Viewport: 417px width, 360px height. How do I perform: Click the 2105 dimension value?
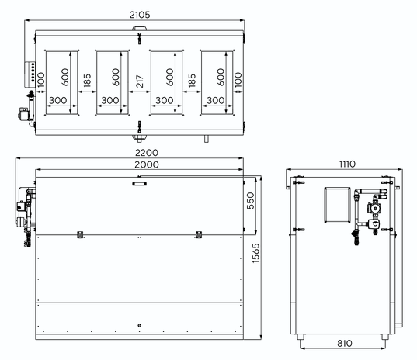tap(140, 15)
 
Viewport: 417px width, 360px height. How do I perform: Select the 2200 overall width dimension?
tap(147, 153)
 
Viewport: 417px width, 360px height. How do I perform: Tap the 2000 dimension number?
tap(147, 164)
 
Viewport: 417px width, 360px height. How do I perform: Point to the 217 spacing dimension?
tap(140, 81)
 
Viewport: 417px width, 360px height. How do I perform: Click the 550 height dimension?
tap(251, 201)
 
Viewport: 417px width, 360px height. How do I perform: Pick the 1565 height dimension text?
tap(255, 253)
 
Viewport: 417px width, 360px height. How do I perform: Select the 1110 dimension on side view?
tap(347, 164)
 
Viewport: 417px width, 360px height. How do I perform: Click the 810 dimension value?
tap(345, 343)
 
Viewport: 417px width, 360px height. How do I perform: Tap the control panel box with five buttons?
tap(30, 74)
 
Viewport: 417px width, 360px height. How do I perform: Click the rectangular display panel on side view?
tap(337, 205)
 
